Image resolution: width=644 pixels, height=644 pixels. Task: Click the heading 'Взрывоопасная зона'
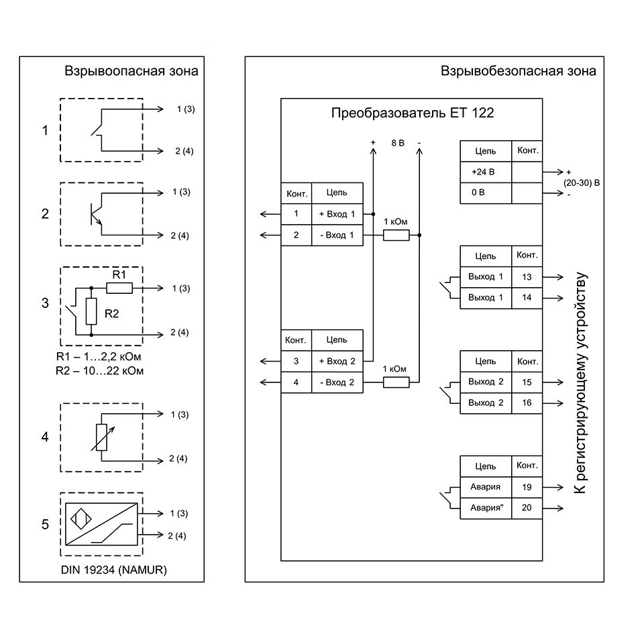tap(131, 71)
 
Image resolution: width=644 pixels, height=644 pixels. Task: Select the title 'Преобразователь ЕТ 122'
tap(413, 113)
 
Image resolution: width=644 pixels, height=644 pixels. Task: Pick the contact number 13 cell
tap(527, 277)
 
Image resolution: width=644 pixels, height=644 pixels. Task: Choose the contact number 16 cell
tap(527, 402)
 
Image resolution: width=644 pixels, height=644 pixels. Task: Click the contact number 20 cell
tap(527, 508)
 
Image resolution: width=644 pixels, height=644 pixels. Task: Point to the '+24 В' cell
tap(485, 172)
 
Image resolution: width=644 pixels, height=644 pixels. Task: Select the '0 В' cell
tap(485, 193)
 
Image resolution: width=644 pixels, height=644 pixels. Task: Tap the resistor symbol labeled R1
tap(119, 288)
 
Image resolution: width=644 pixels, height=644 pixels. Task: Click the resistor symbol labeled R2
tap(91, 310)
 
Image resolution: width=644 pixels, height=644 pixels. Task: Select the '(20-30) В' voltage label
tap(581, 182)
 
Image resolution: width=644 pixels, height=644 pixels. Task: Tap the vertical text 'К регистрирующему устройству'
tap(581, 384)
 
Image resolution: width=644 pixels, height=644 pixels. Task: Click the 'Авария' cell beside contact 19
tap(485, 487)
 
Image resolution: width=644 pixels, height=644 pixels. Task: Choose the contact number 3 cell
tap(296, 362)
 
